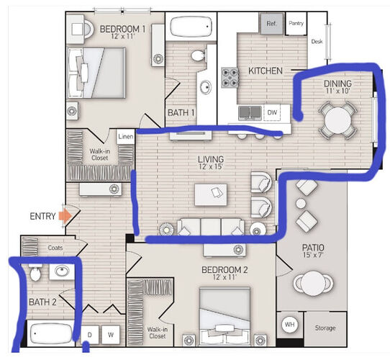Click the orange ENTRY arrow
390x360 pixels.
pos(65,216)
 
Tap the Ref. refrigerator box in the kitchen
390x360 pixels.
pos(271,24)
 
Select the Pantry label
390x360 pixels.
pos(296,23)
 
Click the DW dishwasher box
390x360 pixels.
pos(272,112)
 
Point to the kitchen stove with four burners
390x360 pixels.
pos(230,77)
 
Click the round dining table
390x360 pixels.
pos(337,120)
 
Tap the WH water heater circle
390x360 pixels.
pos(290,325)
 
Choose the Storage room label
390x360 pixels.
pos(325,328)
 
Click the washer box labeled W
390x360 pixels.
pos(111,335)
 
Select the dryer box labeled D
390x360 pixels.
pos(90,335)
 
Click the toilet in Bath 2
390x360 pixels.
pos(35,272)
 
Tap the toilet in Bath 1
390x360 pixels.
pos(199,55)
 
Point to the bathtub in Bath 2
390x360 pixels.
pos(50,333)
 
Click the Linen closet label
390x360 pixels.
pos(126,136)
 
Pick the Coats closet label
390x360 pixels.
pos(55,248)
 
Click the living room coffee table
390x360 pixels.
pos(211,194)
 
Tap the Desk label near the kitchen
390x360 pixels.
pos(317,42)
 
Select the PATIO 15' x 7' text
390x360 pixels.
pos(313,251)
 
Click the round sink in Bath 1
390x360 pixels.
pos(206,87)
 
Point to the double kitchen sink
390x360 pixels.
pos(250,112)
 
